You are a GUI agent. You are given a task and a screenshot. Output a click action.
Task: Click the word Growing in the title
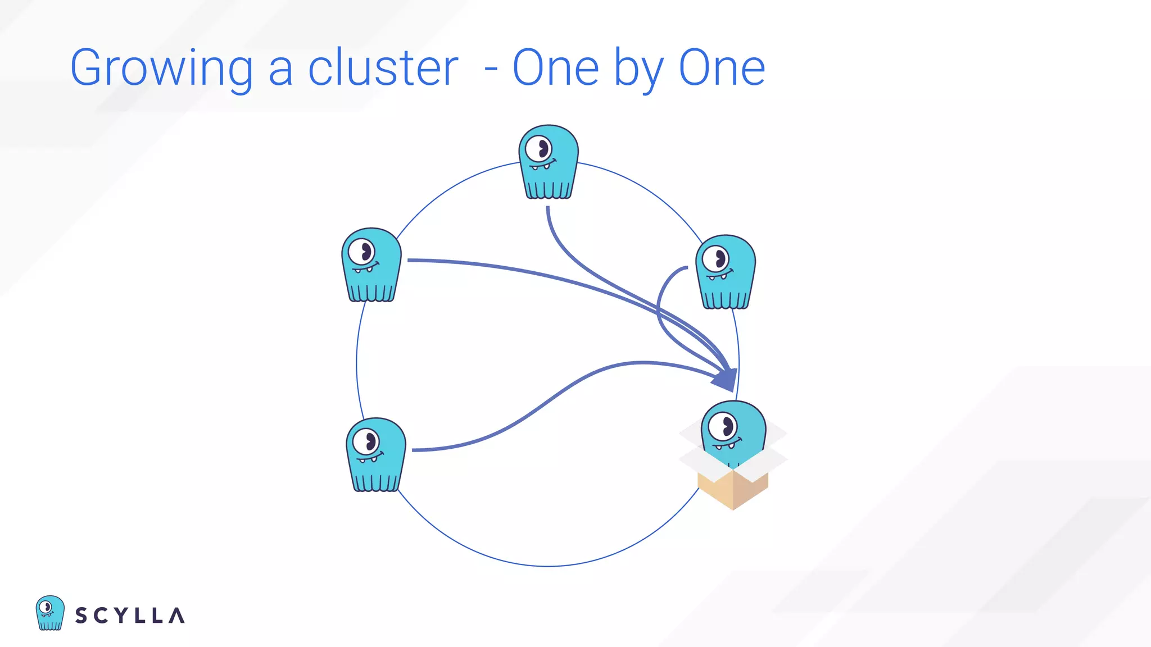[161, 69]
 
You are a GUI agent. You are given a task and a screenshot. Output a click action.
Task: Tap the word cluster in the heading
[383, 69]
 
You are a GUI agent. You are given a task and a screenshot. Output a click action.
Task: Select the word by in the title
[638, 69]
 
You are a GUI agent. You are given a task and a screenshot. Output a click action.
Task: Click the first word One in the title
[555, 69]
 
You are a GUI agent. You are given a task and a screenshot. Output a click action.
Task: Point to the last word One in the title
[722, 69]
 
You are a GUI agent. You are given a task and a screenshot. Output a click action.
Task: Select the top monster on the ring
[549, 162]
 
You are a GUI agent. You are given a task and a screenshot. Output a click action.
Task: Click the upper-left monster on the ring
[371, 265]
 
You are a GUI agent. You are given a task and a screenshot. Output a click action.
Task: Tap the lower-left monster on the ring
[375, 454]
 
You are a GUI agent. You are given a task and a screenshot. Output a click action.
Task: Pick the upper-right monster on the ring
[726, 272]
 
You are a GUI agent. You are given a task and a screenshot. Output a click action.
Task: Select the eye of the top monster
[538, 149]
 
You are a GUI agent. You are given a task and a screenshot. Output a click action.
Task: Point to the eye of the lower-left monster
[366, 442]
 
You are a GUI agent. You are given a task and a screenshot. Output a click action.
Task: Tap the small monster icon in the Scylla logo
[50, 613]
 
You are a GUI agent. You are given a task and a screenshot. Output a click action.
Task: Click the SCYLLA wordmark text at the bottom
[130, 616]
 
